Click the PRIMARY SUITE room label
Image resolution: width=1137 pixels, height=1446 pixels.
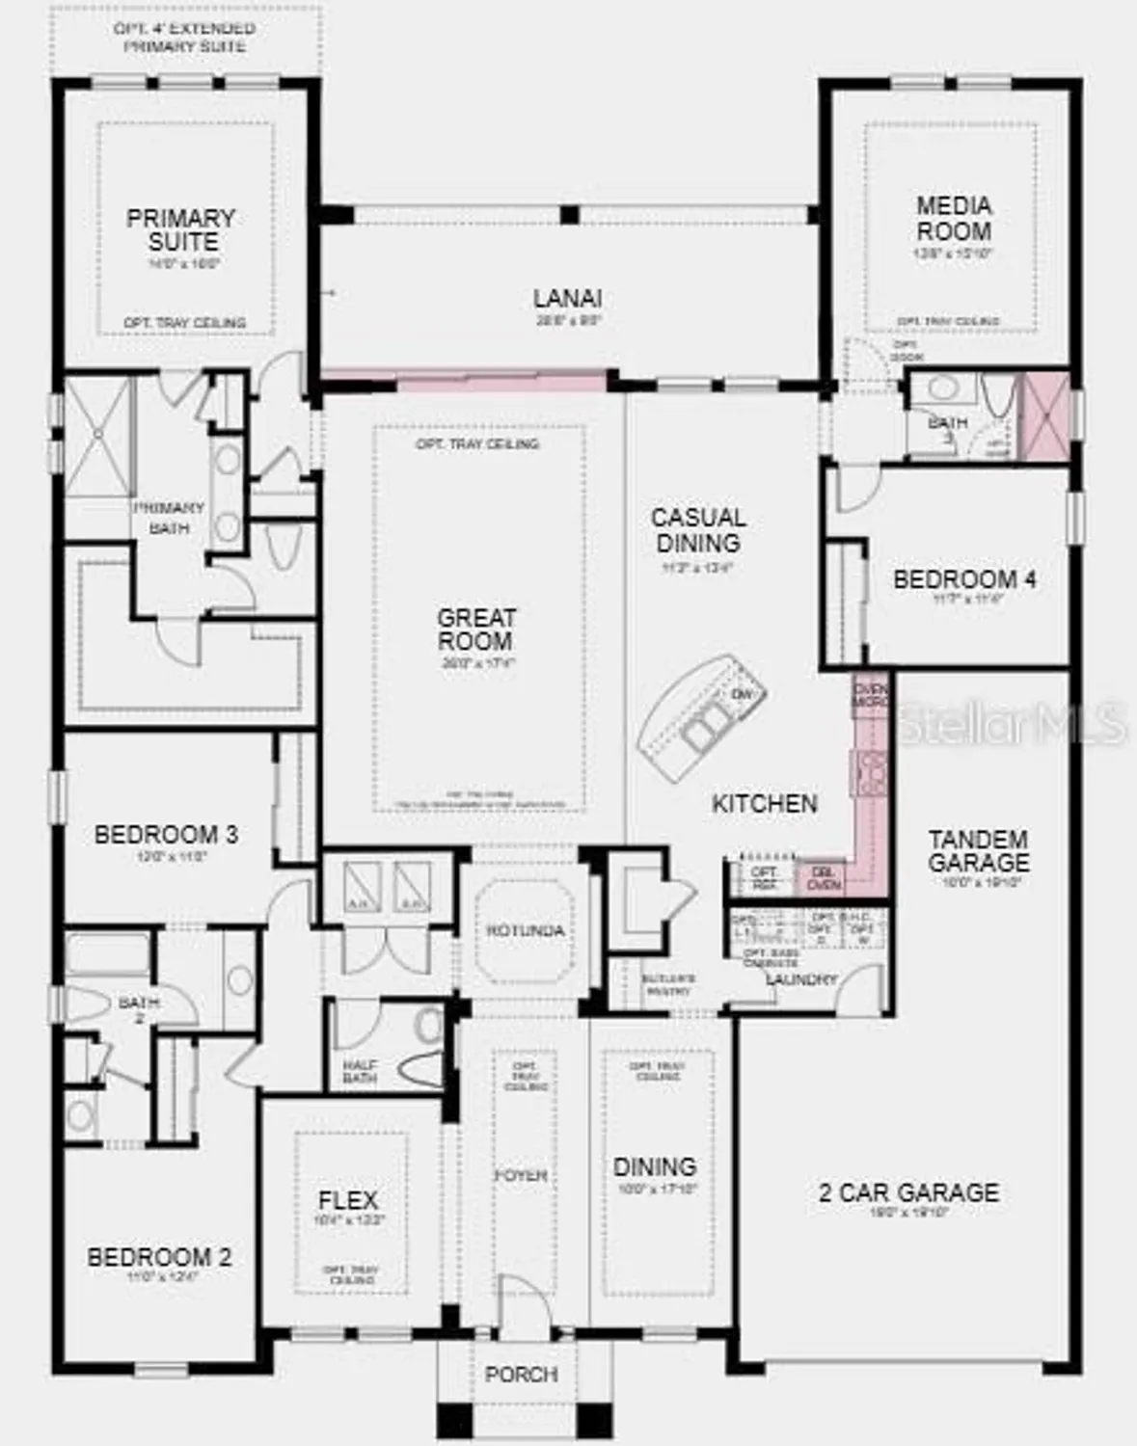(180, 229)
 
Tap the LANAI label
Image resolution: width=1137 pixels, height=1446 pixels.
(568, 298)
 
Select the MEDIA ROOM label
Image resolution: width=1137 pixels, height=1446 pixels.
(953, 218)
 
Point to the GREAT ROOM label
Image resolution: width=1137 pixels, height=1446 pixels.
(475, 629)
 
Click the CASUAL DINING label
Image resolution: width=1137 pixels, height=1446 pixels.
(697, 530)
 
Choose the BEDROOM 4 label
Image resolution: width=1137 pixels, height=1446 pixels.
(964, 579)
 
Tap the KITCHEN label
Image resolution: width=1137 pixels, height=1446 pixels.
(765, 803)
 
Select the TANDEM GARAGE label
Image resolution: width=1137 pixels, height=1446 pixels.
(978, 850)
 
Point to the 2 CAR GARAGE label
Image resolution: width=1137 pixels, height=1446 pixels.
(908, 1192)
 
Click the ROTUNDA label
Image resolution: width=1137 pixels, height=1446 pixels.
(525, 930)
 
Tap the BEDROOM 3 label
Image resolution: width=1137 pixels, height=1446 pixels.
(166, 834)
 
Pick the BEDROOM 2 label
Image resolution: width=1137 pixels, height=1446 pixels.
(159, 1257)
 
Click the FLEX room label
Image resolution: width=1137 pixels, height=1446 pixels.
(347, 1200)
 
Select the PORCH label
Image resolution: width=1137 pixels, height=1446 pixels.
(521, 1374)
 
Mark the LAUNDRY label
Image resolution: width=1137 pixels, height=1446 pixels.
(801, 979)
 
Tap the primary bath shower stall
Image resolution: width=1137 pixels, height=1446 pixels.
(96, 436)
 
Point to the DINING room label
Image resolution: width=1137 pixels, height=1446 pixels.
(654, 1166)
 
